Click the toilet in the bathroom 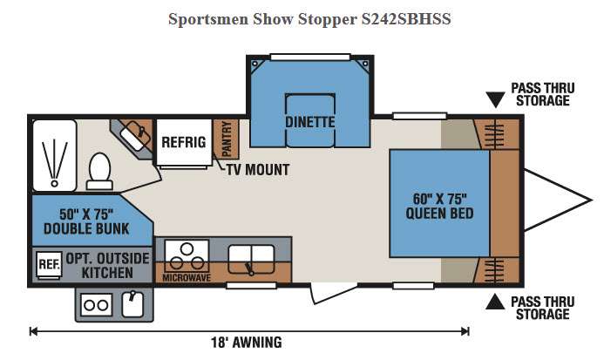(99, 171)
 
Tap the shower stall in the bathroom (55, 155)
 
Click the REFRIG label (184, 142)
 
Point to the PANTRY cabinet (226, 139)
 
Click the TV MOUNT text (258, 170)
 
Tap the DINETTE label (310, 122)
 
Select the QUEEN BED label (439, 214)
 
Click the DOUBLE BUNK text (86, 228)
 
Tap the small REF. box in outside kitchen (50, 264)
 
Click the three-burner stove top (187, 256)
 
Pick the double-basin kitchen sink (252, 259)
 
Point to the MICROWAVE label (187, 277)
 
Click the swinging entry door (334, 294)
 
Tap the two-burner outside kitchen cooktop (96, 305)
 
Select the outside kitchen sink (132, 304)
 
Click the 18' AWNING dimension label (247, 343)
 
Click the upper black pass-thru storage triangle (495, 99)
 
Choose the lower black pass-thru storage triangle (495, 302)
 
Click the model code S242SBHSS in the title (406, 19)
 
